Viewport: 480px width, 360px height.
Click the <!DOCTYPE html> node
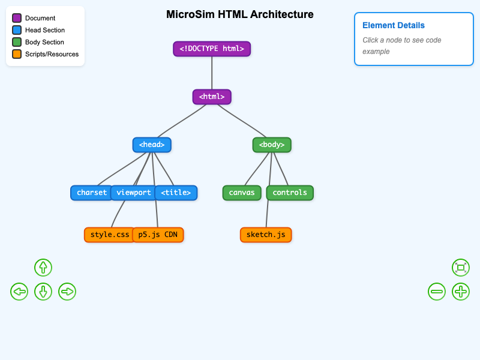click(212, 49)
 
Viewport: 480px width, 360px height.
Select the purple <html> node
click(212, 97)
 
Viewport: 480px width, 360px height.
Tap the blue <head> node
click(152, 145)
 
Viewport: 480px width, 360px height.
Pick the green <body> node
click(272, 145)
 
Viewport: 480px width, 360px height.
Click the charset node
click(91, 193)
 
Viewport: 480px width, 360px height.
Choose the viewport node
click(133, 193)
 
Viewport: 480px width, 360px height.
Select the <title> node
click(176, 193)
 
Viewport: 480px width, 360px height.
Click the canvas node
click(242, 193)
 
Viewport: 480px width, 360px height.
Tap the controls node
click(290, 193)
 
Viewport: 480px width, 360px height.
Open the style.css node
click(109, 235)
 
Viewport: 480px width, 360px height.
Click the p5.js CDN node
click(158, 235)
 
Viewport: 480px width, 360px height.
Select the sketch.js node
click(266, 235)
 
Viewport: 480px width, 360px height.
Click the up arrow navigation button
click(43, 268)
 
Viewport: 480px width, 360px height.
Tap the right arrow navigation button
click(67, 292)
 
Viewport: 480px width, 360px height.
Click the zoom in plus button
click(461, 292)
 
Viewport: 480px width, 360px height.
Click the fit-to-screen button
click(461, 268)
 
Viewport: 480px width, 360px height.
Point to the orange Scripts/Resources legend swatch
click(17, 54)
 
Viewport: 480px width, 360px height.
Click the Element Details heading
click(394, 25)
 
